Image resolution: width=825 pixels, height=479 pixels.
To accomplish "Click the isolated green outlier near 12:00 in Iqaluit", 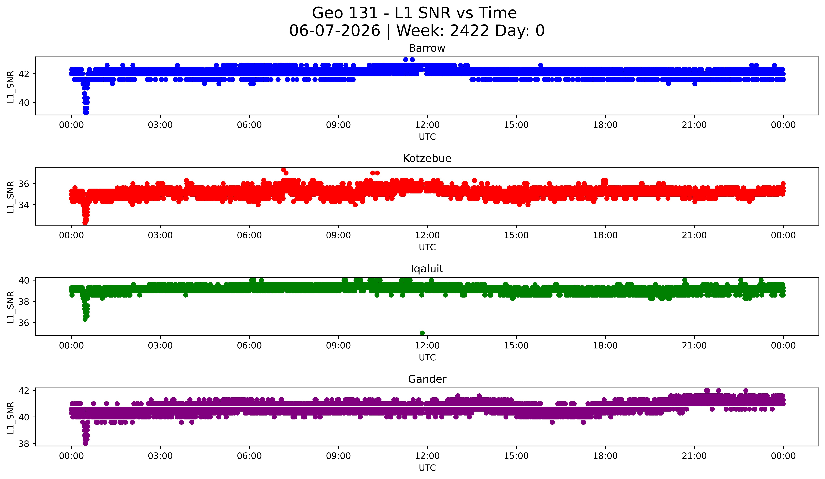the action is click(422, 333).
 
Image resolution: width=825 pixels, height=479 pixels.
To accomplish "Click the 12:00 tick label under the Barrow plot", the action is click(427, 125).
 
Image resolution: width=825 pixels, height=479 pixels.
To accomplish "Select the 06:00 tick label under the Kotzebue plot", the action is click(249, 235).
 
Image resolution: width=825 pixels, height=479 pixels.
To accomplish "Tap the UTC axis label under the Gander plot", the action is click(427, 468).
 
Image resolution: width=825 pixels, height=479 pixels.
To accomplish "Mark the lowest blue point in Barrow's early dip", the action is click(85, 112).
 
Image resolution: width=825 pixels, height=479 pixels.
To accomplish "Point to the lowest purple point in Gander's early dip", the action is click(85, 443).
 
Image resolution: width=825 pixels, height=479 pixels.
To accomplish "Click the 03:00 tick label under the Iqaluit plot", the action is click(160, 346).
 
